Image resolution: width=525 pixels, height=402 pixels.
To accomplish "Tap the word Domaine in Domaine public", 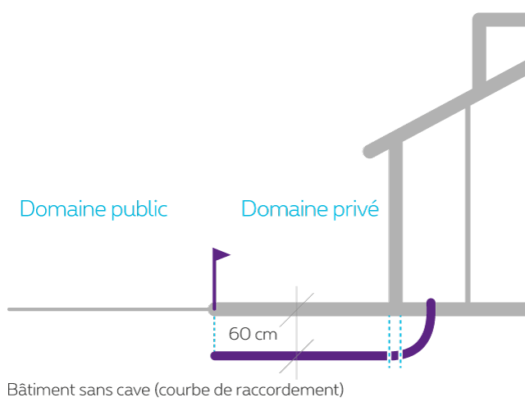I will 58,209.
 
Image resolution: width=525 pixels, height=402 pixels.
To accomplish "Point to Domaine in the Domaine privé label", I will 279,209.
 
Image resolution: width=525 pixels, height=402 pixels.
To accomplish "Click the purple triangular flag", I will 221,255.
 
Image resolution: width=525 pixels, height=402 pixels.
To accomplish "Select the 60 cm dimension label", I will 253,334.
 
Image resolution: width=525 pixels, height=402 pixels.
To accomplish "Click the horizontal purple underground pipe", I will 271,355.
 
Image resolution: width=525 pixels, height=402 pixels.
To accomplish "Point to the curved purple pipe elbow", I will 422,340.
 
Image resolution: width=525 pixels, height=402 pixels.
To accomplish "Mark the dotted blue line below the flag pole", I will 214,332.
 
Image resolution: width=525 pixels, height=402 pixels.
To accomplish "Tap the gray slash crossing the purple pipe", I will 303,353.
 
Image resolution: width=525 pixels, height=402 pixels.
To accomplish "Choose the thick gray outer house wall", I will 396,222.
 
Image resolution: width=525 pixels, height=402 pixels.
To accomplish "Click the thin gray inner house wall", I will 468,205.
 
